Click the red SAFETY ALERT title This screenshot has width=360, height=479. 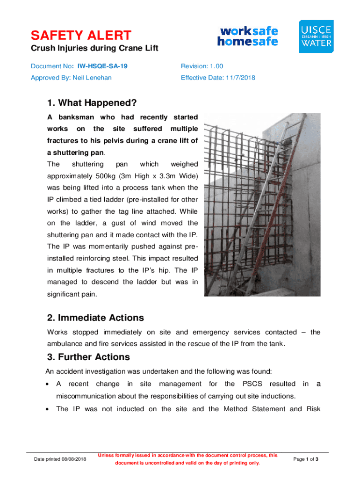pyautogui.click(x=81, y=35)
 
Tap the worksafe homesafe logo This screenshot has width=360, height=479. pyautogui.click(x=247, y=36)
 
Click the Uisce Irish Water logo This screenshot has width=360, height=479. pyautogui.click(x=316, y=36)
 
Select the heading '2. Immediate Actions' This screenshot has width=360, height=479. pyautogui.click(x=95, y=318)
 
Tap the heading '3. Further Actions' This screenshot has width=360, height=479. pyautogui.click(x=88, y=357)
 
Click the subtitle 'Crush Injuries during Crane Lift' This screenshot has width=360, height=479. pyautogui.click(x=94, y=49)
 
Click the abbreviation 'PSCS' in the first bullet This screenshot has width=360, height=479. pyautogui.click(x=253, y=384)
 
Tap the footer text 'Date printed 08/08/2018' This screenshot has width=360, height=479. pyautogui.click(x=60, y=459)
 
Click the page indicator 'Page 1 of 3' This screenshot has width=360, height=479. pyautogui.click(x=306, y=459)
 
